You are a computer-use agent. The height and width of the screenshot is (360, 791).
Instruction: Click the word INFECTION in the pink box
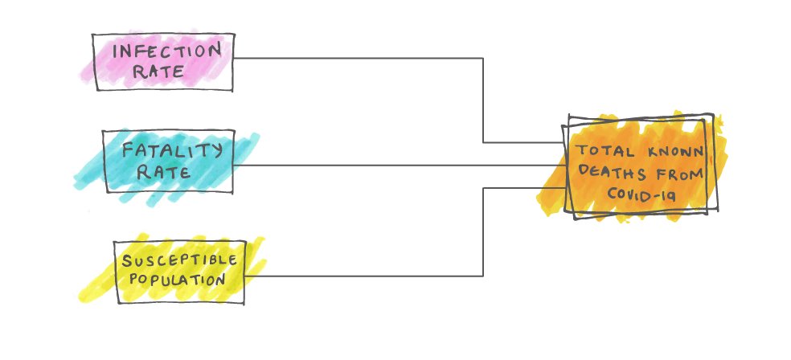tap(166, 51)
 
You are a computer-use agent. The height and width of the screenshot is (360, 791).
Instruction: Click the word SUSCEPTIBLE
tap(181, 260)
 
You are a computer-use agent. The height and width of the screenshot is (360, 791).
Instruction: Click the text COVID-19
tap(641, 194)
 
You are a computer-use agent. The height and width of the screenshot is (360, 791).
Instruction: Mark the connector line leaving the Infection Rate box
tap(362, 58)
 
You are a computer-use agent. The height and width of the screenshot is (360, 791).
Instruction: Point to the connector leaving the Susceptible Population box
tap(362, 276)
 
